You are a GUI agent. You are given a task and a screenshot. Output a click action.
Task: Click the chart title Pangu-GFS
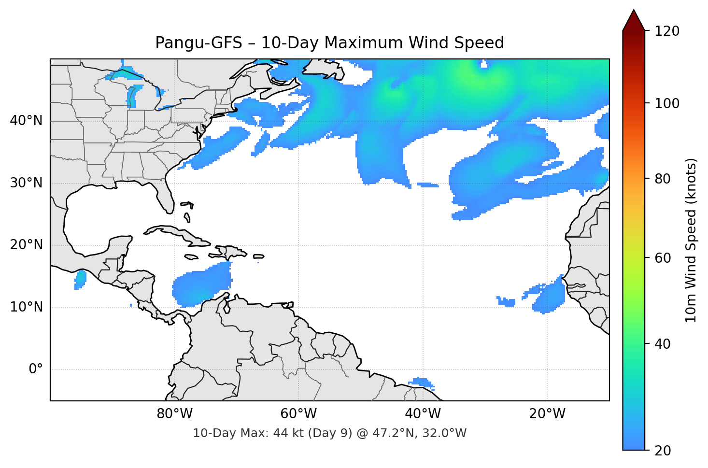coord(329,43)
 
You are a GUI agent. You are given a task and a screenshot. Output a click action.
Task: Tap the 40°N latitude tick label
coord(26,121)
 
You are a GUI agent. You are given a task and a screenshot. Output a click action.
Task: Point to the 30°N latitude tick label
coord(26,183)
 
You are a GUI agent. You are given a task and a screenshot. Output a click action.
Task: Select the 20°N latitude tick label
coord(26,245)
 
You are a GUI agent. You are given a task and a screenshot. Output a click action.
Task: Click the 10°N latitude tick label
coord(26,307)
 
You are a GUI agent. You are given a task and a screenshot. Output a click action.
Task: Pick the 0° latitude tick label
coord(36,369)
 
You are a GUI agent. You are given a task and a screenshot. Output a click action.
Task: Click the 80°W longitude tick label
coord(174,414)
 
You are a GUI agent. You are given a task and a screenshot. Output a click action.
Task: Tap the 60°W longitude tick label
coord(298,414)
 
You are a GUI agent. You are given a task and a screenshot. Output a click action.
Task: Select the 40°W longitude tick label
coord(423,414)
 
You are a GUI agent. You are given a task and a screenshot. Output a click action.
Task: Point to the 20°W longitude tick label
coord(547,414)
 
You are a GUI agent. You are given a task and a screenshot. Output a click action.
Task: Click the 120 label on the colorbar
coord(667,31)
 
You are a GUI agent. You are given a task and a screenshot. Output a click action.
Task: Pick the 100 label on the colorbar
coord(667,103)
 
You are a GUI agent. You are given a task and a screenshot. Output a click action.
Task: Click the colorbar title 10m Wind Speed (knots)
coord(691,240)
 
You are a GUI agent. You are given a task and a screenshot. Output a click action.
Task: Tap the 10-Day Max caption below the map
coord(329,433)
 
